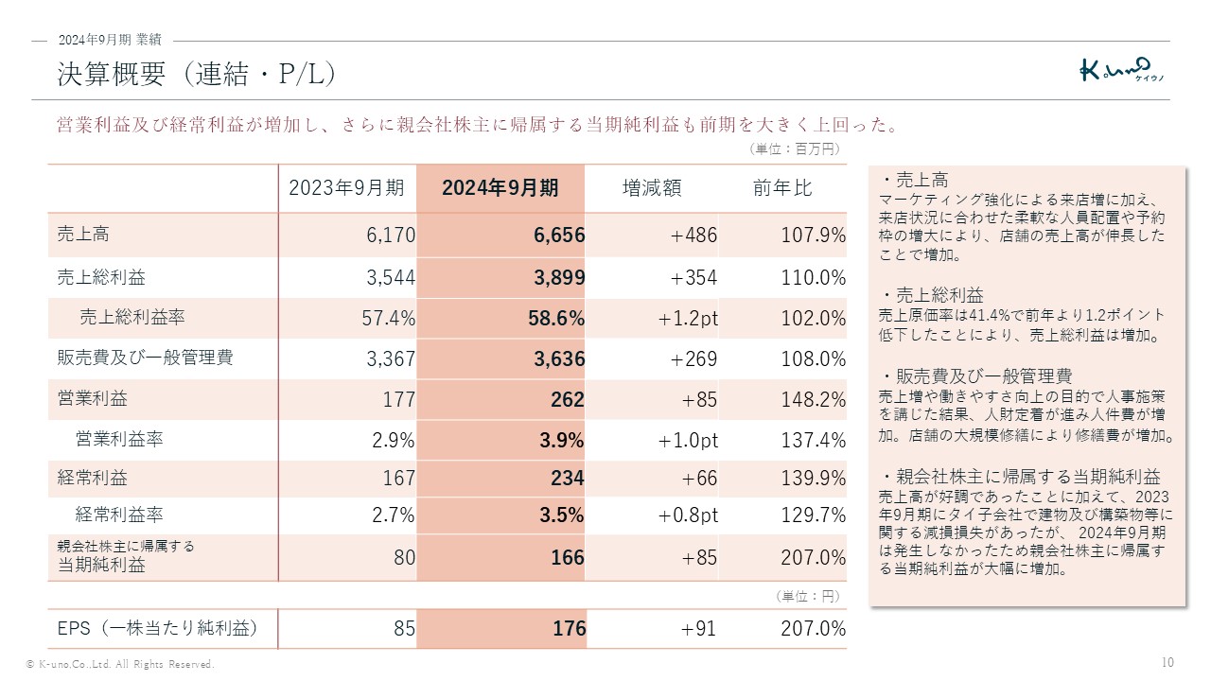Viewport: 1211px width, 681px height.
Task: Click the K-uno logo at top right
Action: click(x=1121, y=70)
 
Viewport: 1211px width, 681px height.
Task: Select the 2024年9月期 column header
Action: click(x=500, y=188)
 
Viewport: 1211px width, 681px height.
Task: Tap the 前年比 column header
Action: click(x=782, y=188)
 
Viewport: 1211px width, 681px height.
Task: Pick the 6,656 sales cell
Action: click(x=559, y=236)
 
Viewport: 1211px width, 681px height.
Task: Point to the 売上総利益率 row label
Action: click(x=132, y=318)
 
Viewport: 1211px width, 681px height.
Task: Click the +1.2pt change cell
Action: click(x=688, y=319)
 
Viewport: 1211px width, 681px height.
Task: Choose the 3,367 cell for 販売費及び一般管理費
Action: click(x=390, y=359)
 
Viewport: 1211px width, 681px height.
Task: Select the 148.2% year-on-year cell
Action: click(x=813, y=400)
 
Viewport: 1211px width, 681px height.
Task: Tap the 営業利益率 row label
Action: click(x=119, y=439)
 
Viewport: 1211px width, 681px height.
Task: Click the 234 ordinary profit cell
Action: click(x=568, y=480)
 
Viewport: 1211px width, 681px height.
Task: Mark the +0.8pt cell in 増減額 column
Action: click(x=688, y=515)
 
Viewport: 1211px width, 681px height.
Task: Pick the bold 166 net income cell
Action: click(x=568, y=558)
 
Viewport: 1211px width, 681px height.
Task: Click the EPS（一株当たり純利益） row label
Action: click(x=157, y=628)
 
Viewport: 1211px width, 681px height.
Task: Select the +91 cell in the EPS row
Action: click(x=699, y=629)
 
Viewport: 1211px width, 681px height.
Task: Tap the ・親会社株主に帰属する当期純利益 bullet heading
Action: click(x=1019, y=477)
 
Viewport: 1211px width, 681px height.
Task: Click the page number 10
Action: click(x=1167, y=662)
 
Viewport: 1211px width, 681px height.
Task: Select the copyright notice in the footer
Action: click(x=120, y=665)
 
